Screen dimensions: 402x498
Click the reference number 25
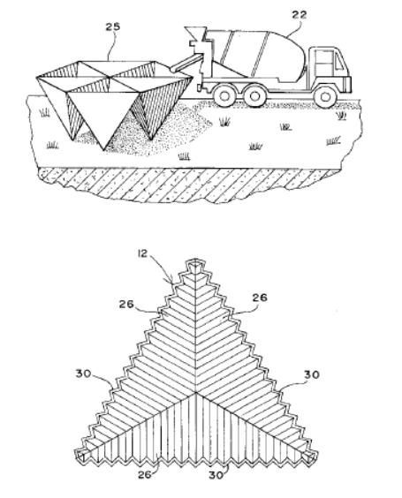113,26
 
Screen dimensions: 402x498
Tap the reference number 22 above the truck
299,15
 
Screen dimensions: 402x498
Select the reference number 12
143,253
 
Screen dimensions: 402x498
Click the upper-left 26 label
126,305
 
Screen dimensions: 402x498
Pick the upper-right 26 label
260,298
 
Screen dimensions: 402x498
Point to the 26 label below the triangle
145,475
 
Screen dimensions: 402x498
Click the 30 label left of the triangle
83,373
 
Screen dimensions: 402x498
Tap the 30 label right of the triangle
312,374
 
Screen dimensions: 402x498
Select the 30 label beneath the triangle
216,475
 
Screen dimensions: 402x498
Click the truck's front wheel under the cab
324,96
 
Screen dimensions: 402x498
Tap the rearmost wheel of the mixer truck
224,95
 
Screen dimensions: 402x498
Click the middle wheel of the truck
254,95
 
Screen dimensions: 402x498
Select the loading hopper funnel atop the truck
195,33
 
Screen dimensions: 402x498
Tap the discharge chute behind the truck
186,63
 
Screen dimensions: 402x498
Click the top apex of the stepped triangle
195,260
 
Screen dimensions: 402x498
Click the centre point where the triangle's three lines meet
195,393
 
